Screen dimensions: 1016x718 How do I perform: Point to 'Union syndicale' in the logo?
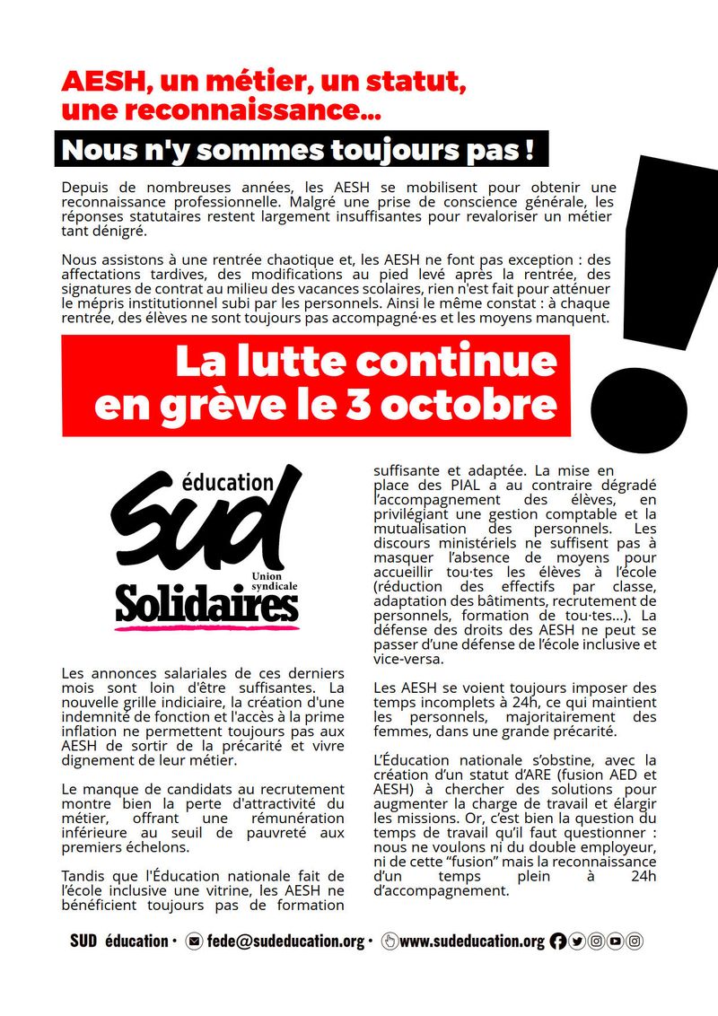coord(274,579)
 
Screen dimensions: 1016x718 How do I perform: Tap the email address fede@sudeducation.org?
coord(285,942)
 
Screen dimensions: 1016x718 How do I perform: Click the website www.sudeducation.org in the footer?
coord(471,942)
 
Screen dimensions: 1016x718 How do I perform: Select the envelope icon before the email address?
coord(194,942)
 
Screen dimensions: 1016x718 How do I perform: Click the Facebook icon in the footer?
coord(557,942)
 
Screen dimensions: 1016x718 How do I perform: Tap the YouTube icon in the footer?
coord(615,942)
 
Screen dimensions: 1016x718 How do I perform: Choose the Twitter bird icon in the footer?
coord(576,942)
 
